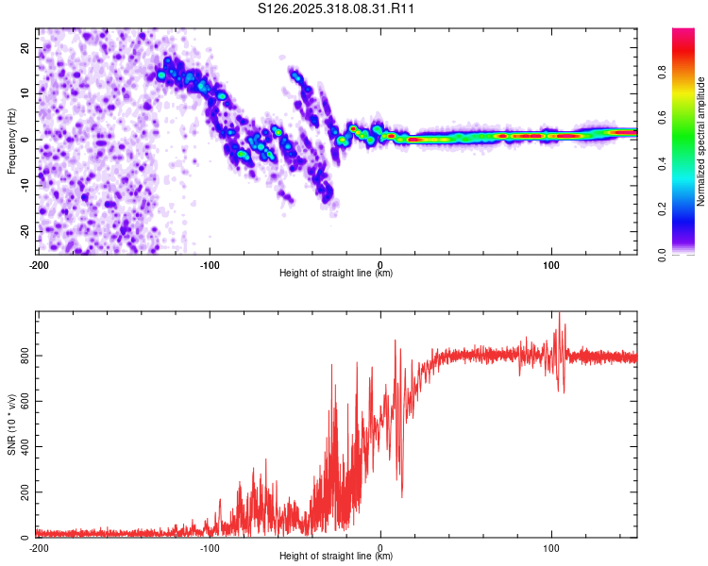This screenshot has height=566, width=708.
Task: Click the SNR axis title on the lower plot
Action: pyautogui.click(x=11, y=424)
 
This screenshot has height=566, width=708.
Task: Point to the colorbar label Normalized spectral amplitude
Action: pyautogui.click(x=700, y=141)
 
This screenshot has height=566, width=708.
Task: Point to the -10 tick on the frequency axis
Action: pyautogui.click(x=24, y=185)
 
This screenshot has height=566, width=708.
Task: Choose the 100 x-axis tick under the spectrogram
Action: pyautogui.click(x=551, y=264)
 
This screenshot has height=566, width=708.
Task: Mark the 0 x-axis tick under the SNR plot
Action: pyautogui.click(x=380, y=547)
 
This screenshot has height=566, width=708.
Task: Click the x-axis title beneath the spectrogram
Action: pyautogui.click(x=336, y=274)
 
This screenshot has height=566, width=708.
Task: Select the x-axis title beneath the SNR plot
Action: pyautogui.click(x=336, y=557)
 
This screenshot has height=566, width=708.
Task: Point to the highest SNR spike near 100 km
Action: pyautogui.click(x=560, y=314)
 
